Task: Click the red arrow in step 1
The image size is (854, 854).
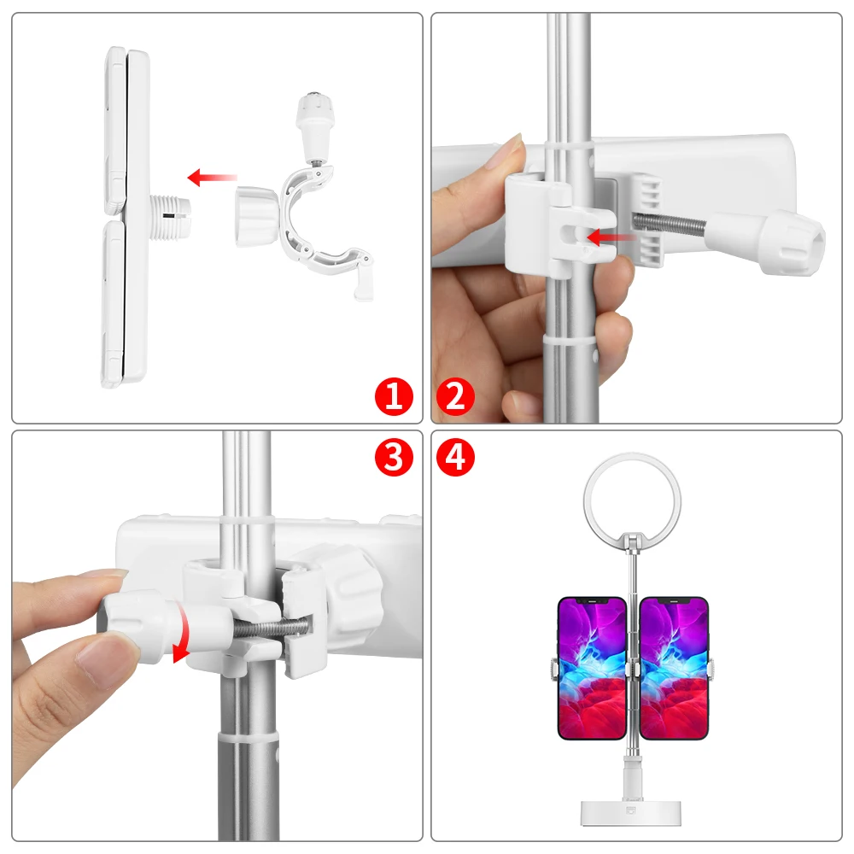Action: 212,178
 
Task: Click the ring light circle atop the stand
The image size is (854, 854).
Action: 632,496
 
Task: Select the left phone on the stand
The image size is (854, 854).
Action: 591,667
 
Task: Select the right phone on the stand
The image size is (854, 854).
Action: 674,667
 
